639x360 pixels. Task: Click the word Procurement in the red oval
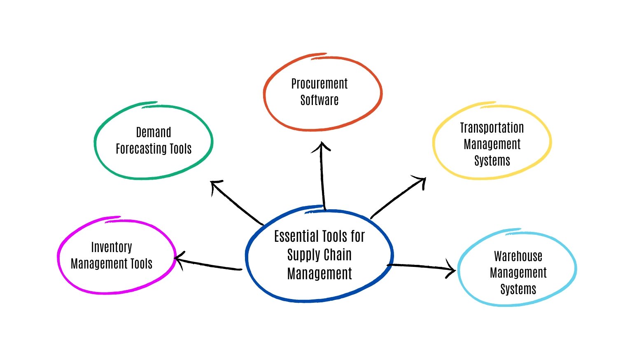point(319,84)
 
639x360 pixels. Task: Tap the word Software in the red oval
point(319,100)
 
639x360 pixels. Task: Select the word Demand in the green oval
point(154,133)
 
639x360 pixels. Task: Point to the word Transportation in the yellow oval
point(492,128)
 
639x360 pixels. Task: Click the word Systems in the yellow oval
point(492,161)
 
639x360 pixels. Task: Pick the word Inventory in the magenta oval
point(112,247)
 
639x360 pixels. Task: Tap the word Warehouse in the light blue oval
point(518,256)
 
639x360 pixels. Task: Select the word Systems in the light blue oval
point(518,289)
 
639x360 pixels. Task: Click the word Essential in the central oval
point(296,236)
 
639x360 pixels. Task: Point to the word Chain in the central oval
point(337,255)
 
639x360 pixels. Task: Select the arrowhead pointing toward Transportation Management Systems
point(422,180)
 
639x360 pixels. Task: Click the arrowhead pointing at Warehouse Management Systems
point(452,270)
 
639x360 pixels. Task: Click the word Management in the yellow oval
point(492,145)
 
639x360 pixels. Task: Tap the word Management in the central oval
point(319,274)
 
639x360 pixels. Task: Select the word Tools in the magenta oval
point(141,264)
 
